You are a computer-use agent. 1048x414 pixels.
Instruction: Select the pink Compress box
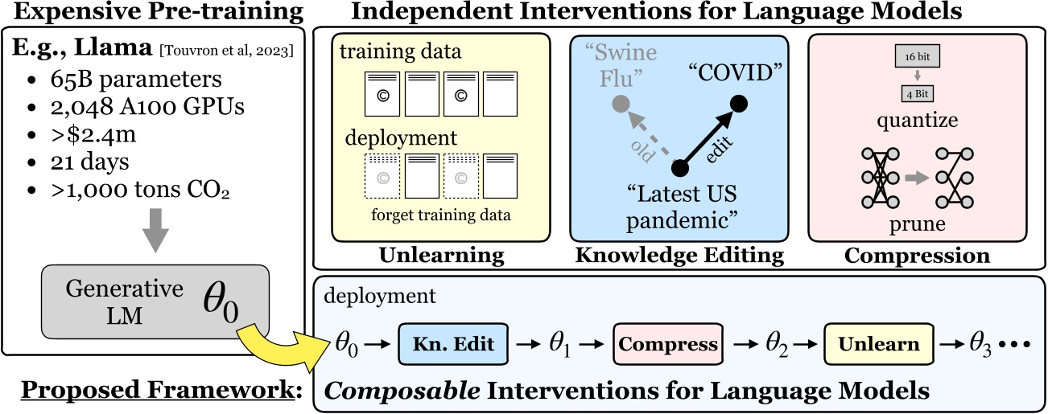coord(668,345)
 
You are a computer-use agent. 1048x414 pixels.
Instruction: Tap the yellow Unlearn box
coord(879,345)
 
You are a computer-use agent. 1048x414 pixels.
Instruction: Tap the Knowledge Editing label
coord(679,256)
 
